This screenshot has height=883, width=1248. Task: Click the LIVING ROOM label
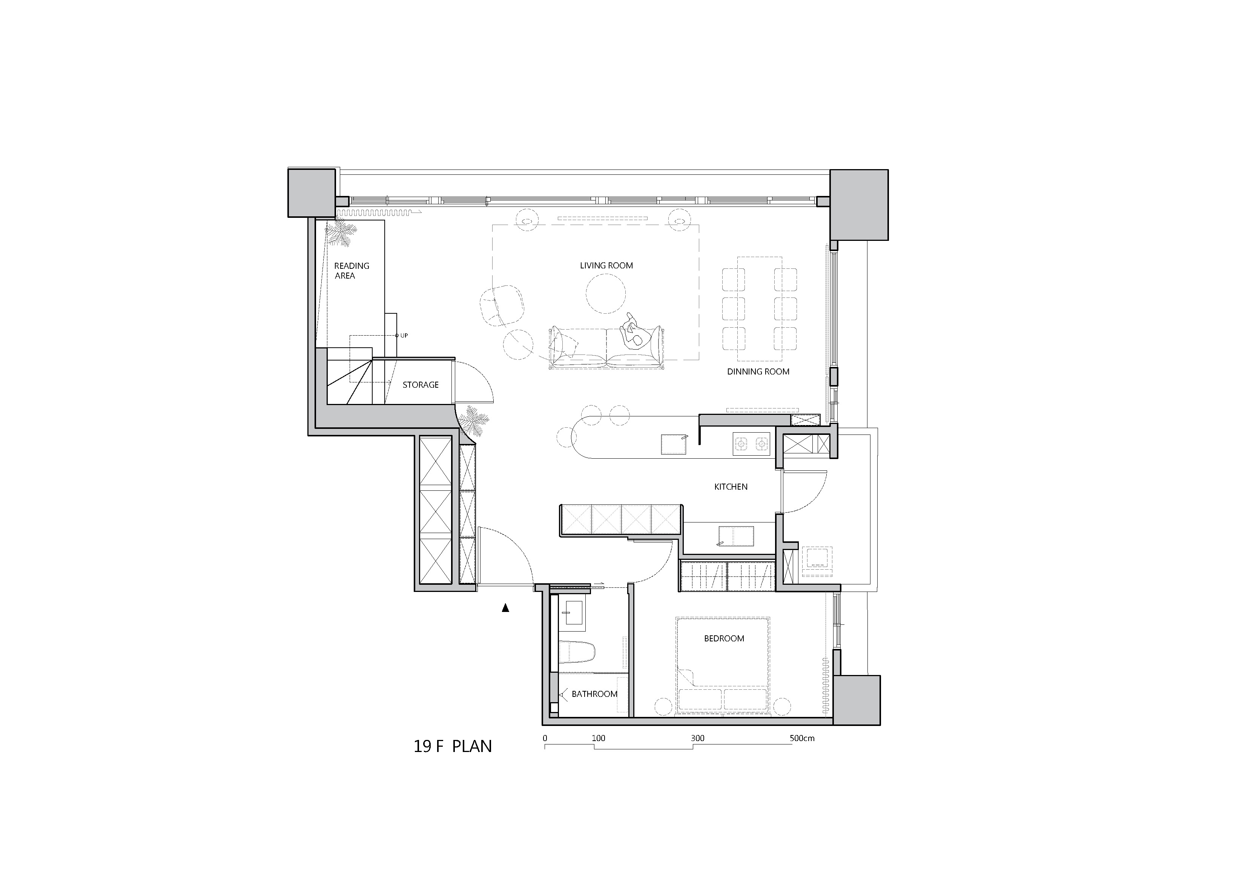coord(606,265)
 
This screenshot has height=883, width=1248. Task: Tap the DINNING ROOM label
coord(758,371)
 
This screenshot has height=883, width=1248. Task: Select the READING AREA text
coord(351,270)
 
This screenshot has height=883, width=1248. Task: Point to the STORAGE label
coord(420,385)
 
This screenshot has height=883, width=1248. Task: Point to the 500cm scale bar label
coord(802,738)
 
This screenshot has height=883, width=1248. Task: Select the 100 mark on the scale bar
coord(598,738)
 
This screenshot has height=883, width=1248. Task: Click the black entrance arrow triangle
coord(505,608)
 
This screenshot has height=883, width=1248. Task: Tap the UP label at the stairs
coord(404,336)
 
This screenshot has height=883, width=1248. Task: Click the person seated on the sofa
coord(635,332)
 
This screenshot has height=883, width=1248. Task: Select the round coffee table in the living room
coord(605,293)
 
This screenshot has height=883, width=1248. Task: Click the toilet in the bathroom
coord(577,652)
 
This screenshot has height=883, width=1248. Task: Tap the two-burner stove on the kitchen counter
coord(752,444)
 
